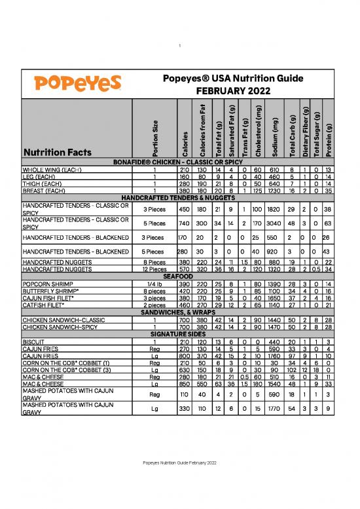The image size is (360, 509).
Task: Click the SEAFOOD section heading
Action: tap(179, 277)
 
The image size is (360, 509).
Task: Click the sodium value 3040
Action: tap(276, 222)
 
